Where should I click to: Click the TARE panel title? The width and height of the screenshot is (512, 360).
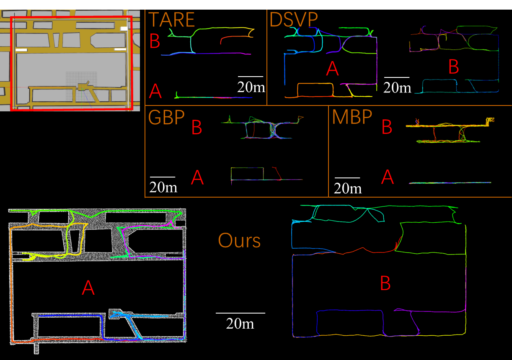(172, 20)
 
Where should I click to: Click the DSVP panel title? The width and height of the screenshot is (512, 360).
(293, 20)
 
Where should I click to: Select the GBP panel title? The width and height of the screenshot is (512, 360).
(166, 118)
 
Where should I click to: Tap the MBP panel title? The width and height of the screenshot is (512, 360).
(352, 118)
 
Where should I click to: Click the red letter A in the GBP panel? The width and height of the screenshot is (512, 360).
(197, 178)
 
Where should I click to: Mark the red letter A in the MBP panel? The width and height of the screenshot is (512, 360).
(388, 178)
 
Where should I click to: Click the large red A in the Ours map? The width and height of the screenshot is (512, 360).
(88, 288)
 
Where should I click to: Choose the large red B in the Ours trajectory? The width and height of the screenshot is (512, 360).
(385, 284)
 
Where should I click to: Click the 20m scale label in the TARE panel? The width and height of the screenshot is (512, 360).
(250, 87)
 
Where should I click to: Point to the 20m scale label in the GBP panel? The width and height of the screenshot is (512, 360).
(163, 187)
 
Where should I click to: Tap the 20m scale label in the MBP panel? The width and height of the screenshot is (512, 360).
(348, 188)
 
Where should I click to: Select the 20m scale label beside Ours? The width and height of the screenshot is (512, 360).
(240, 323)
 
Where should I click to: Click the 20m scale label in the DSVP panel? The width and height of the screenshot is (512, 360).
(397, 87)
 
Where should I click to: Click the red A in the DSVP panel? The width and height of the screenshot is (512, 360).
(332, 68)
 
